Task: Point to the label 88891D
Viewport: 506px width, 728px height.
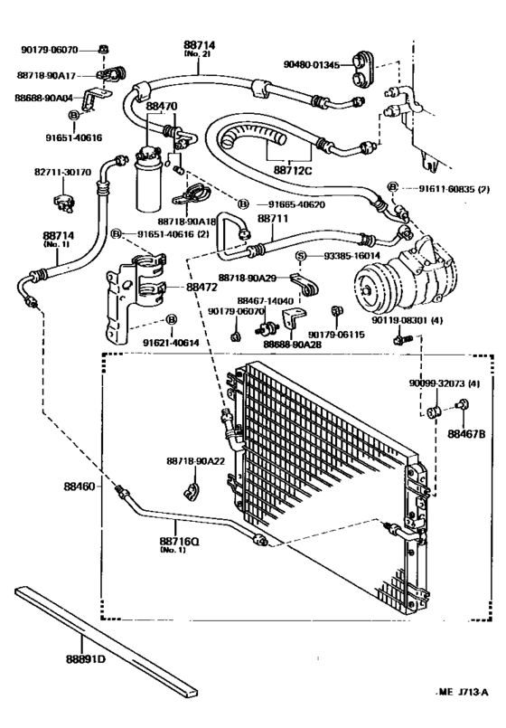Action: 86,657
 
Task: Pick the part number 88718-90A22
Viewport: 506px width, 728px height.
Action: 195,461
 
